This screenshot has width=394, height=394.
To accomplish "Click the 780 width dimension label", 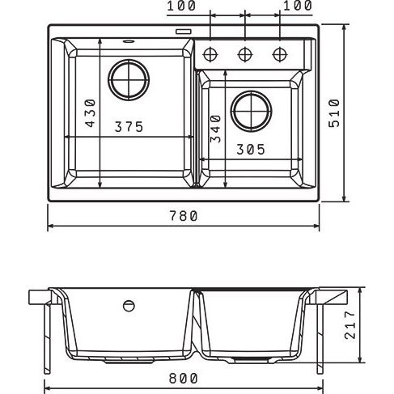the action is tap(184, 216).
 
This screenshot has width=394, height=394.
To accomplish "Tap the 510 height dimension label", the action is tap(334, 113).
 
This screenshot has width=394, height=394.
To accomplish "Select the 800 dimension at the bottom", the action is tap(184, 379).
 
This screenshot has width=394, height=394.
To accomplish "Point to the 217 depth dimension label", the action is tap(350, 325).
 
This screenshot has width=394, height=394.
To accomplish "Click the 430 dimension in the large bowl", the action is tap(91, 113).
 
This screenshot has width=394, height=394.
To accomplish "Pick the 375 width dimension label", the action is tap(129, 127).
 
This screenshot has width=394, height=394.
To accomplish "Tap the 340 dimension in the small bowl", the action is tap(216, 129).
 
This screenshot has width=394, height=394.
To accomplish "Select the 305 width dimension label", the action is tap(251, 149).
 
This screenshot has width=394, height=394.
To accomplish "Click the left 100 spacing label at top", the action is tap(181, 6).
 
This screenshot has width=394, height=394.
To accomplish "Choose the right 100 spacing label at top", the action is tap(298, 6).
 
